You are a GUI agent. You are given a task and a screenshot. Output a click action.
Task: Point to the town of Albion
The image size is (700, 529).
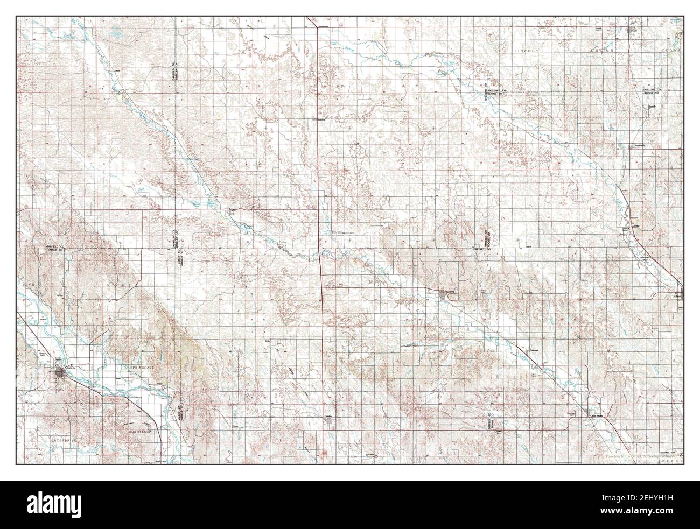coord(677,295)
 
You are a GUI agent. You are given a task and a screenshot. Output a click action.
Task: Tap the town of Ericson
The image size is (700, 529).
coord(232,210)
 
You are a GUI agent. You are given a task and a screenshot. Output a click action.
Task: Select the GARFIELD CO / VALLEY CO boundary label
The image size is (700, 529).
coord(55,248)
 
